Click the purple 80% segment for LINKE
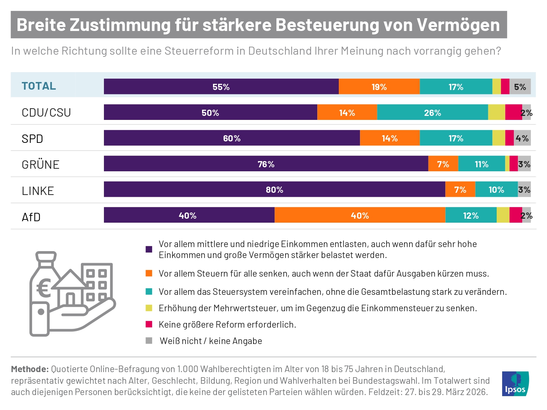pos(274,190)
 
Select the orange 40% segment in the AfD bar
pos(360,215)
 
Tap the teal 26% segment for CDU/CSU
pos(432,113)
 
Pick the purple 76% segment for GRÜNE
pos(266,164)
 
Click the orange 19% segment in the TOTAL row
pos(379,87)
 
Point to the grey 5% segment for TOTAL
pos(520,87)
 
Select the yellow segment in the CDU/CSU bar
pos(496,113)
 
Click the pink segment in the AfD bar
pos(515,215)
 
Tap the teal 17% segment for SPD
pos(456,138)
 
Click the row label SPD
pos(32,139)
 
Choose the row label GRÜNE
pos(40,165)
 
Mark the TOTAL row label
pos(39,86)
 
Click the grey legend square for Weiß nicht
pos(149,341)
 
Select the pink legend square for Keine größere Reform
pos(149,324)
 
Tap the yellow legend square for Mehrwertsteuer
pos(149,308)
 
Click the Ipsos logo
pos(515,384)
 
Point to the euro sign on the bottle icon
pos(44,289)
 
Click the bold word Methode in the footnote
pos(30,369)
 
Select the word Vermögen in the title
pos(458,25)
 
